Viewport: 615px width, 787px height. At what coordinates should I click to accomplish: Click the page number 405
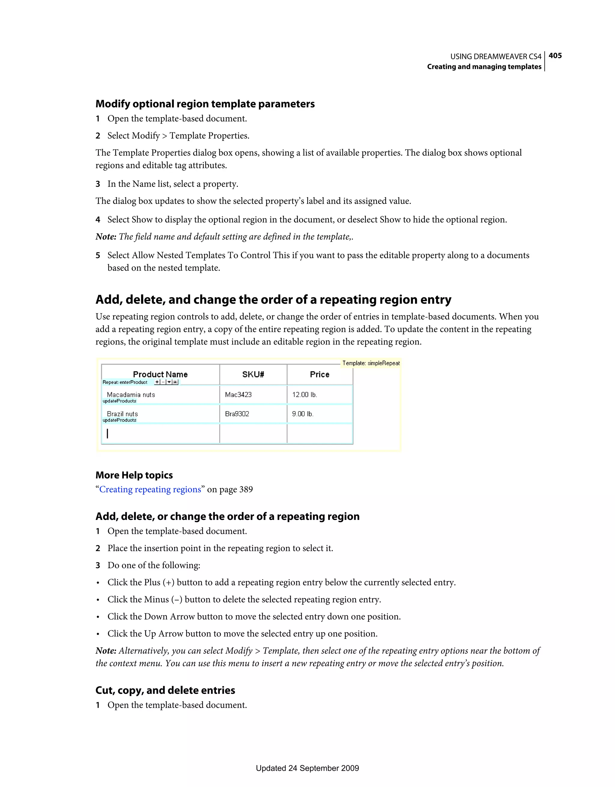[x=555, y=56]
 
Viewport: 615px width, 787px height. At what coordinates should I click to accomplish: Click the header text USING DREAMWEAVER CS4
[x=495, y=56]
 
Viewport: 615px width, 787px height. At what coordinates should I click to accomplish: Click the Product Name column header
[x=160, y=374]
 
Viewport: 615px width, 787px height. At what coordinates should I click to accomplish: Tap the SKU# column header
[x=253, y=374]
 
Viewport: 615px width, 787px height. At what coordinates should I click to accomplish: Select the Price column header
[x=320, y=374]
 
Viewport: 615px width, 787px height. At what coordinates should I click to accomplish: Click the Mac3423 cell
[x=238, y=395]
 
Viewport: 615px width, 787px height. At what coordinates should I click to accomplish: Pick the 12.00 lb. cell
[x=304, y=395]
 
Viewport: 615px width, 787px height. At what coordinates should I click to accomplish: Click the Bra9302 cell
[x=237, y=414]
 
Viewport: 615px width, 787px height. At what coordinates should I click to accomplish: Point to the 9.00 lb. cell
[x=303, y=414]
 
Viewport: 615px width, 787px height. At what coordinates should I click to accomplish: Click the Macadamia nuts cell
[x=131, y=395]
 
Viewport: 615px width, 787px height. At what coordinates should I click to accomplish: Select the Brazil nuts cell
[x=122, y=414]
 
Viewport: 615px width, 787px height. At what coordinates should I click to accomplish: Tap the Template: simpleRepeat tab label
[x=371, y=363]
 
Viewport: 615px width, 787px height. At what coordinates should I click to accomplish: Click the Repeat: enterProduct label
[x=125, y=382]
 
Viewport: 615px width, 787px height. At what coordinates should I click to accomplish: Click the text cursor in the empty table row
[x=108, y=433]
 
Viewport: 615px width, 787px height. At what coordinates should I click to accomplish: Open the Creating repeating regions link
[x=150, y=489]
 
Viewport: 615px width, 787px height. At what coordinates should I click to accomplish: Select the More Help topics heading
[x=134, y=475]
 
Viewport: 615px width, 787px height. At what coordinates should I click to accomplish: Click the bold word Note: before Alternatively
[x=106, y=651]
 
